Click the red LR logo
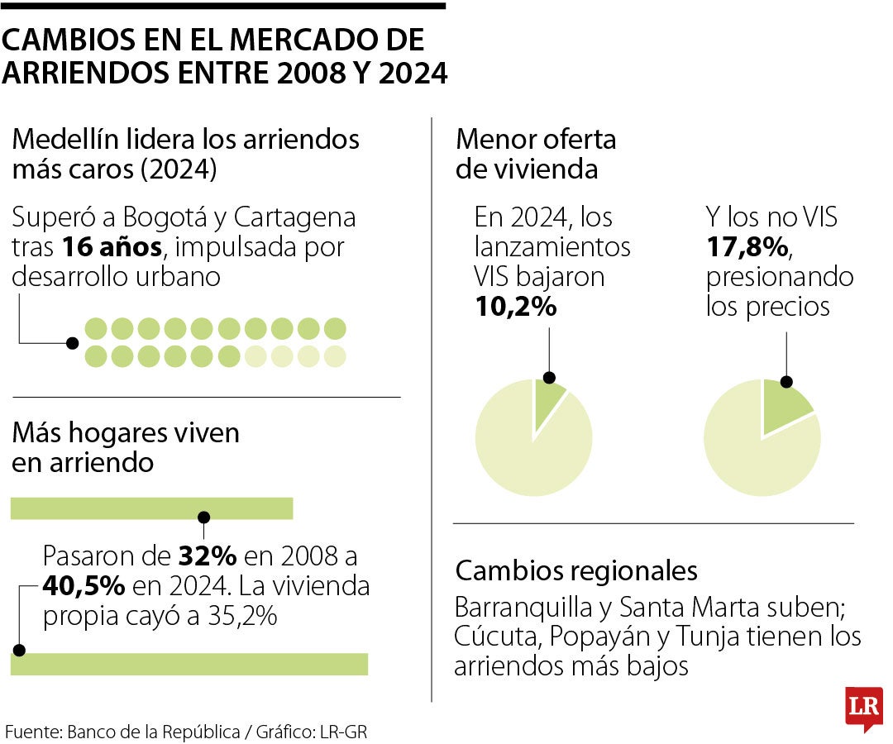tap(862, 708)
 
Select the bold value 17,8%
tap(748, 247)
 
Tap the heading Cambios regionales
tap(576, 570)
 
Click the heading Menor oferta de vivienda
tap(536, 154)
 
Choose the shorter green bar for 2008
tap(151, 508)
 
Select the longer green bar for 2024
tap(189, 664)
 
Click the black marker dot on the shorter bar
tap(203, 517)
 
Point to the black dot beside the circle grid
tap(73, 342)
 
